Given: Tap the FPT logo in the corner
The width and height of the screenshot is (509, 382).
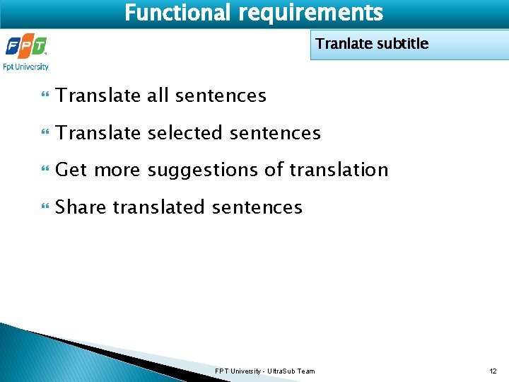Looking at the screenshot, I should point(26,47).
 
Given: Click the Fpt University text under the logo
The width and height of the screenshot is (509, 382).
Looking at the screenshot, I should point(26,67).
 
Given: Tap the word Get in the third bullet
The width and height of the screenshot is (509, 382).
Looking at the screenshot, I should point(71,170).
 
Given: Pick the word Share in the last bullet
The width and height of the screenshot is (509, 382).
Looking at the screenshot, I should point(81,207).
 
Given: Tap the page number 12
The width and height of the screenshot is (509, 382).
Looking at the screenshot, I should point(493,371).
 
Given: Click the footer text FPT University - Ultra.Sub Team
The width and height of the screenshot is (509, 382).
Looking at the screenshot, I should point(265,371).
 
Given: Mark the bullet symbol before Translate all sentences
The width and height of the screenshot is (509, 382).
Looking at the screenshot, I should point(47,95).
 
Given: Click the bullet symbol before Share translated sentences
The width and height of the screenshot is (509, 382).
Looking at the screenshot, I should point(47,208).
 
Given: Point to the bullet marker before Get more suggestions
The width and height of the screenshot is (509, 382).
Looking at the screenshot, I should point(47,170).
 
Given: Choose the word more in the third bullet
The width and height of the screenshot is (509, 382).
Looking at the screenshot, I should point(117,170).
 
